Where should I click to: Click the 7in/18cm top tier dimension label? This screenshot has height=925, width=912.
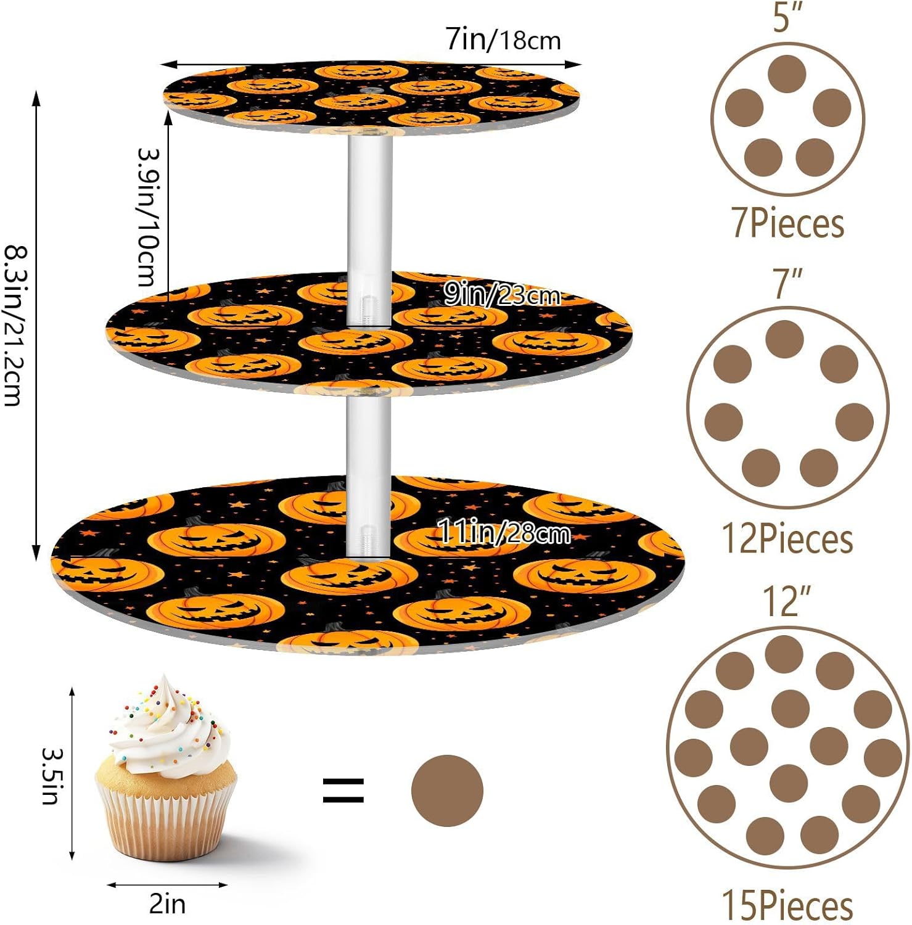coord(503,40)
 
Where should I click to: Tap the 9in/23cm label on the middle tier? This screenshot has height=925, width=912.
coord(502,295)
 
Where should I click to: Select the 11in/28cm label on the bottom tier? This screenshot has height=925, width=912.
coord(504,532)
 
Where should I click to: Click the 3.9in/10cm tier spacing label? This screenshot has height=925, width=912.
coord(148,217)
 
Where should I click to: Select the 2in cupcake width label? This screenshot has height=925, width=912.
coord(167,904)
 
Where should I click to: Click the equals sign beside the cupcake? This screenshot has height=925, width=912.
coord(343,790)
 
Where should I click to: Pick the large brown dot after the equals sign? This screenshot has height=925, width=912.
coord(447,790)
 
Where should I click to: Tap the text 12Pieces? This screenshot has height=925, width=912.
coord(787,539)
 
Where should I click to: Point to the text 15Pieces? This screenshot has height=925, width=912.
coord(787,905)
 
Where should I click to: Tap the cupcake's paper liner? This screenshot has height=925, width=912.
coord(165,814)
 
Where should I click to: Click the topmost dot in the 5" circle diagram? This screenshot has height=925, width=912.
coord(787,74)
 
